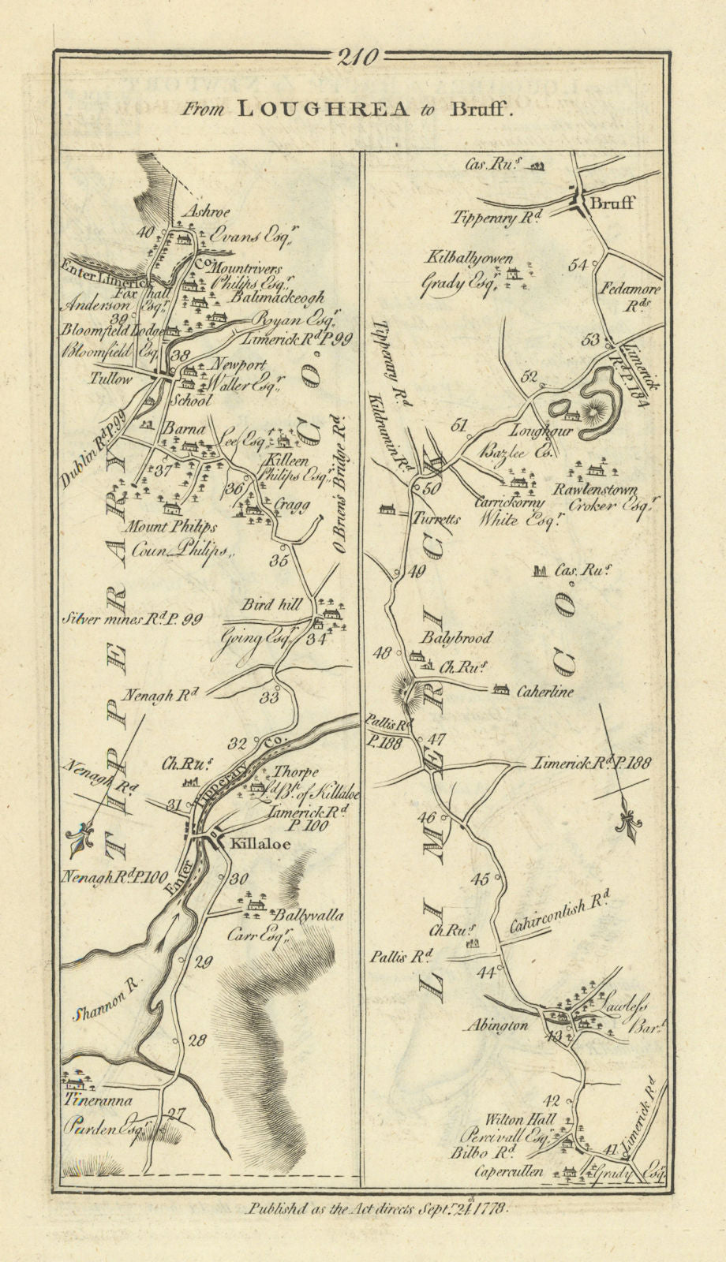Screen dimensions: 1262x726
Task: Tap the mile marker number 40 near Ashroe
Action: (144, 233)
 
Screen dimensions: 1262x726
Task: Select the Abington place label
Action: (496, 1025)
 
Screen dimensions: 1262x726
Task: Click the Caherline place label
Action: (545, 692)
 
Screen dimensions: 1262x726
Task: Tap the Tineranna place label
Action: (98, 1100)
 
